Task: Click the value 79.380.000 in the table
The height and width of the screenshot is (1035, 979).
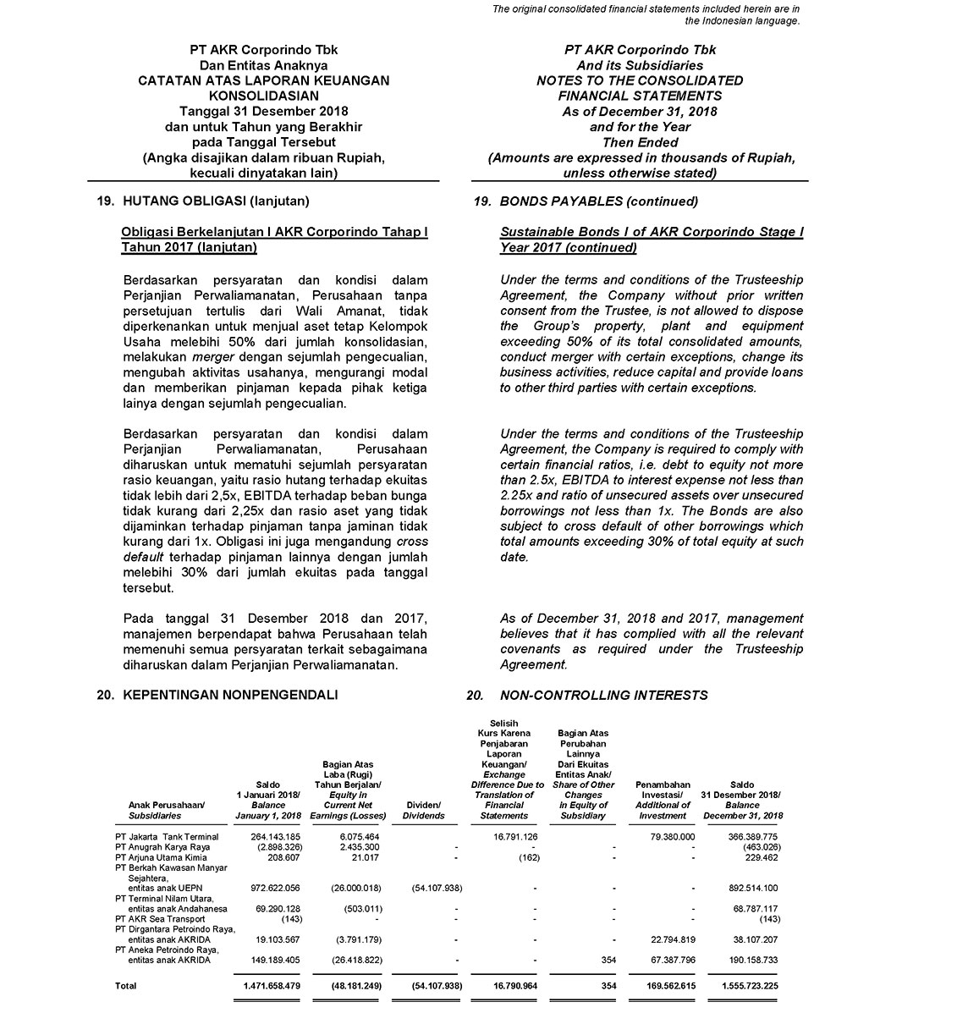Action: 664,837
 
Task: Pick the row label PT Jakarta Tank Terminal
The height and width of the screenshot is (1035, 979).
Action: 167,837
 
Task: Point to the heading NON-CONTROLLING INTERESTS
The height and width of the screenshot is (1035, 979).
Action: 603,696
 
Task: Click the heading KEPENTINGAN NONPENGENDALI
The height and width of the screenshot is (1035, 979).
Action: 230,696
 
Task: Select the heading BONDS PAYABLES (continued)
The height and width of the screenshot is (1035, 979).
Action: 598,201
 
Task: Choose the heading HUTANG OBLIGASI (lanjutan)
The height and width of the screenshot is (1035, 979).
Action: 216,201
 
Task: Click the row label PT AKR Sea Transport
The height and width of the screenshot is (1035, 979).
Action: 160,918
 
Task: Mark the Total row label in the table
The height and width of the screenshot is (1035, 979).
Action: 126,986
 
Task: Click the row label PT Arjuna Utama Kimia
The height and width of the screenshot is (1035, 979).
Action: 161,857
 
